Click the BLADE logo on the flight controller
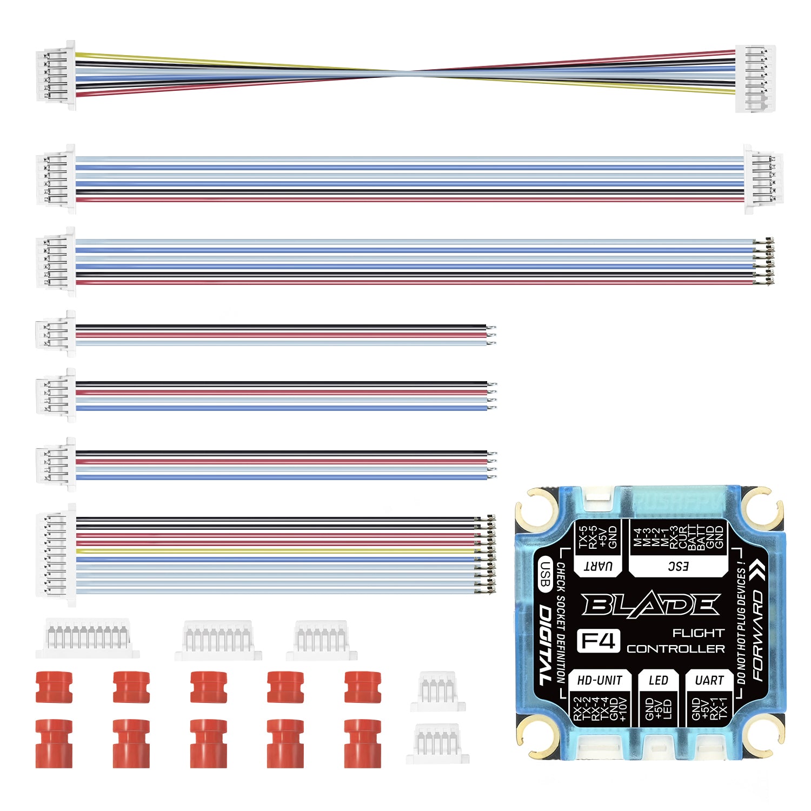pyautogui.click(x=650, y=605)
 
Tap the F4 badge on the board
pyautogui.click(x=598, y=641)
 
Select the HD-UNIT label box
pyautogui.click(x=599, y=680)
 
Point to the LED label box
pyautogui.click(x=658, y=680)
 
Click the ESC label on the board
pyautogui.click(x=678, y=566)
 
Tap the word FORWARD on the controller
pyautogui.click(x=759, y=635)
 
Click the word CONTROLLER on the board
pyautogui.click(x=675, y=648)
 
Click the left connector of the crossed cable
pyautogui.click(x=55, y=75)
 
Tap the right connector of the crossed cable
pyautogui.click(x=755, y=79)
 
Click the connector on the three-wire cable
pyautogui.click(x=55, y=334)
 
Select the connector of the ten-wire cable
pyautogui.click(x=55, y=555)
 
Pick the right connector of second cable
pyautogui.click(x=763, y=179)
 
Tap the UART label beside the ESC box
pyautogui.click(x=598, y=566)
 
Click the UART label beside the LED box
pyautogui.click(x=709, y=680)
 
